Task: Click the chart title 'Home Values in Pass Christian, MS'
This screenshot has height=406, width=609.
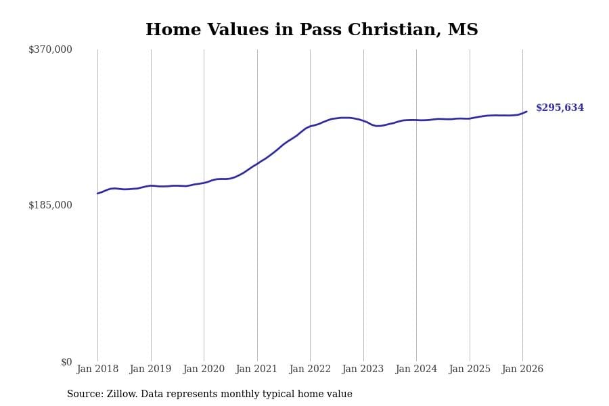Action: tap(311, 30)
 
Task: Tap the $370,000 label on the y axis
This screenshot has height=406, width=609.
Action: tap(50, 49)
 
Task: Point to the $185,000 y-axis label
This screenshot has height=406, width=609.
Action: tap(50, 205)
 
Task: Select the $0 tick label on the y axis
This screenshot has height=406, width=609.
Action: tap(66, 362)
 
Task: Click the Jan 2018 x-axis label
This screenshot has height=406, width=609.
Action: tap(97, 369)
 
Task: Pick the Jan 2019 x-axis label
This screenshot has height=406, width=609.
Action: tap(150, 369)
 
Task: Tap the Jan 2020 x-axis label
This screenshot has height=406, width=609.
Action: tap(204, 369)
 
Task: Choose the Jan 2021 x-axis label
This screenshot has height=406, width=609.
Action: tap(256, 369)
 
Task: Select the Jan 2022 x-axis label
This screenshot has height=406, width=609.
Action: tap(310, 369)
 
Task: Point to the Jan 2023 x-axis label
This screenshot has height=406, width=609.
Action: tap(363, 369)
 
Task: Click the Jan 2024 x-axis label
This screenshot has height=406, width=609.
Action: tap(416, 369)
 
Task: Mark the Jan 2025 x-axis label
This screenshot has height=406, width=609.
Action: tap(469, 369)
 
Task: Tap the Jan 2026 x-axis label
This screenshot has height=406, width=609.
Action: tap(522, 369)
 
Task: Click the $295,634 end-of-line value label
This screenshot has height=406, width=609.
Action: tap(560, 108)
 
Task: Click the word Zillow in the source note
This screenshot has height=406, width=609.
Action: tap(122, 394)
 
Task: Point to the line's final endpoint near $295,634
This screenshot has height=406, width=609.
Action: tap(526, 112)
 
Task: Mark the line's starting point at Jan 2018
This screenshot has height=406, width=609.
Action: tap(97, 194)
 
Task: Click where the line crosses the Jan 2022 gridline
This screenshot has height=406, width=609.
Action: tap(310, 127)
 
